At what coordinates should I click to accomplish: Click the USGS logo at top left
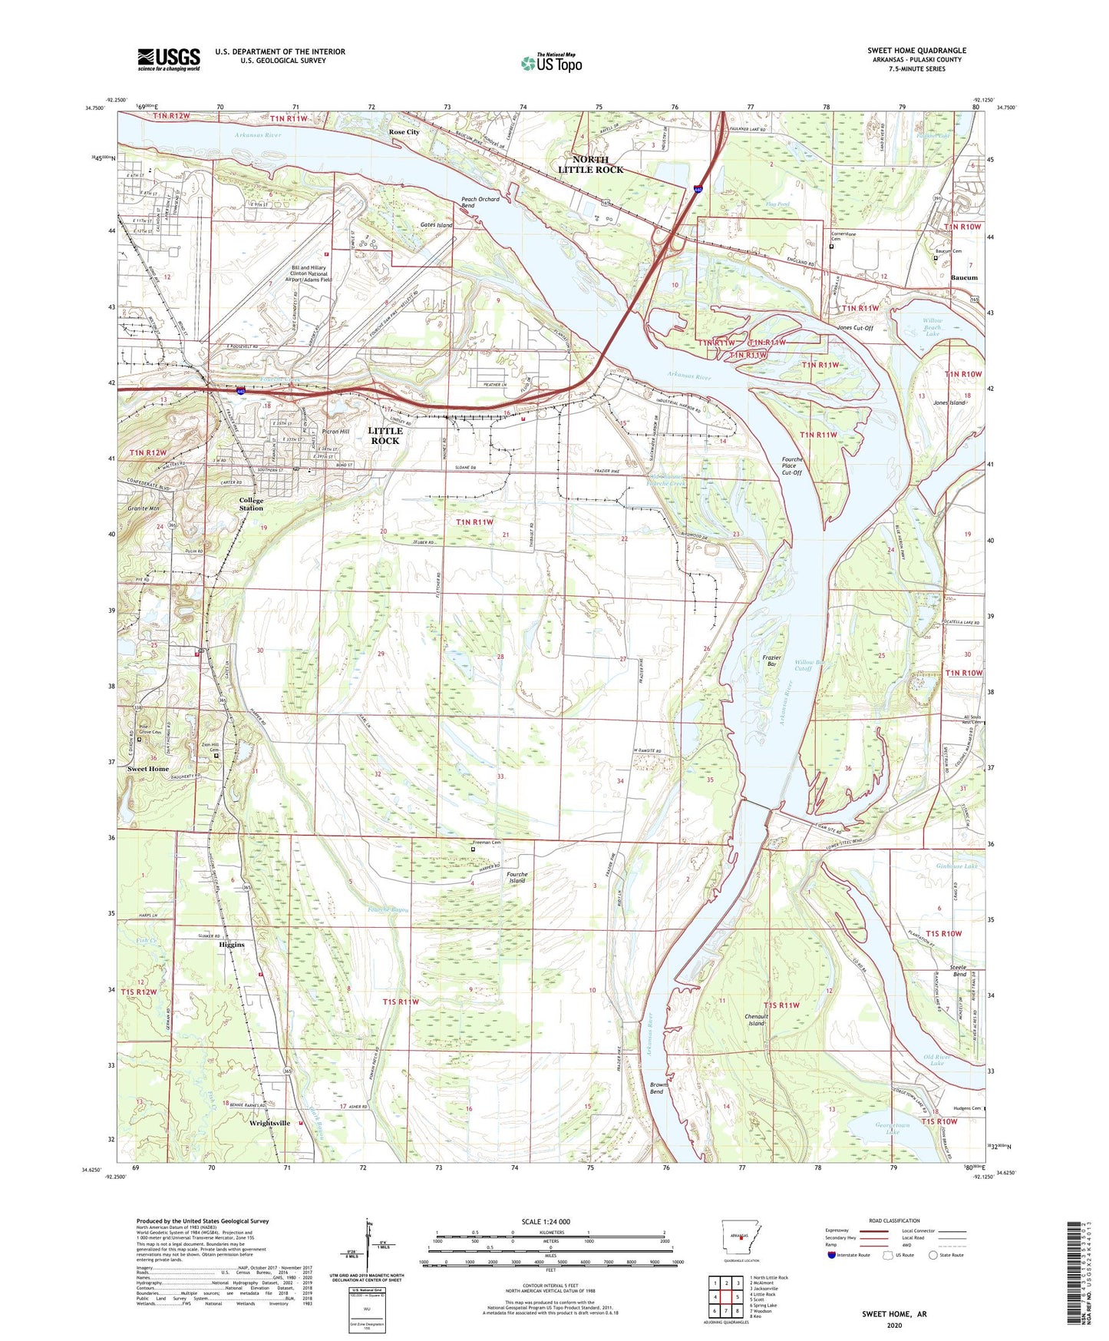tap(169, 59)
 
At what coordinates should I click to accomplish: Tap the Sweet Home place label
tap(148, 769)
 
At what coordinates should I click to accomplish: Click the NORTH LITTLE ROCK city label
tap(590, 164)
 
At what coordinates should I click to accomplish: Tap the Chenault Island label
tap(757, 1019)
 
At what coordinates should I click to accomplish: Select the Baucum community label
tap(964, 277)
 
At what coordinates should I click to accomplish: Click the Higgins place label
tap(227, 945)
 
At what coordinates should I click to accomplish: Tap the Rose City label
tap(404, 132)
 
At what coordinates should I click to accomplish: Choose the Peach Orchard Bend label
tap(480, 202)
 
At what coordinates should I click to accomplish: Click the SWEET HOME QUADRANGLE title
tap(916, 51)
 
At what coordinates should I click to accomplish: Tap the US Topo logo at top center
tap(550, 63)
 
